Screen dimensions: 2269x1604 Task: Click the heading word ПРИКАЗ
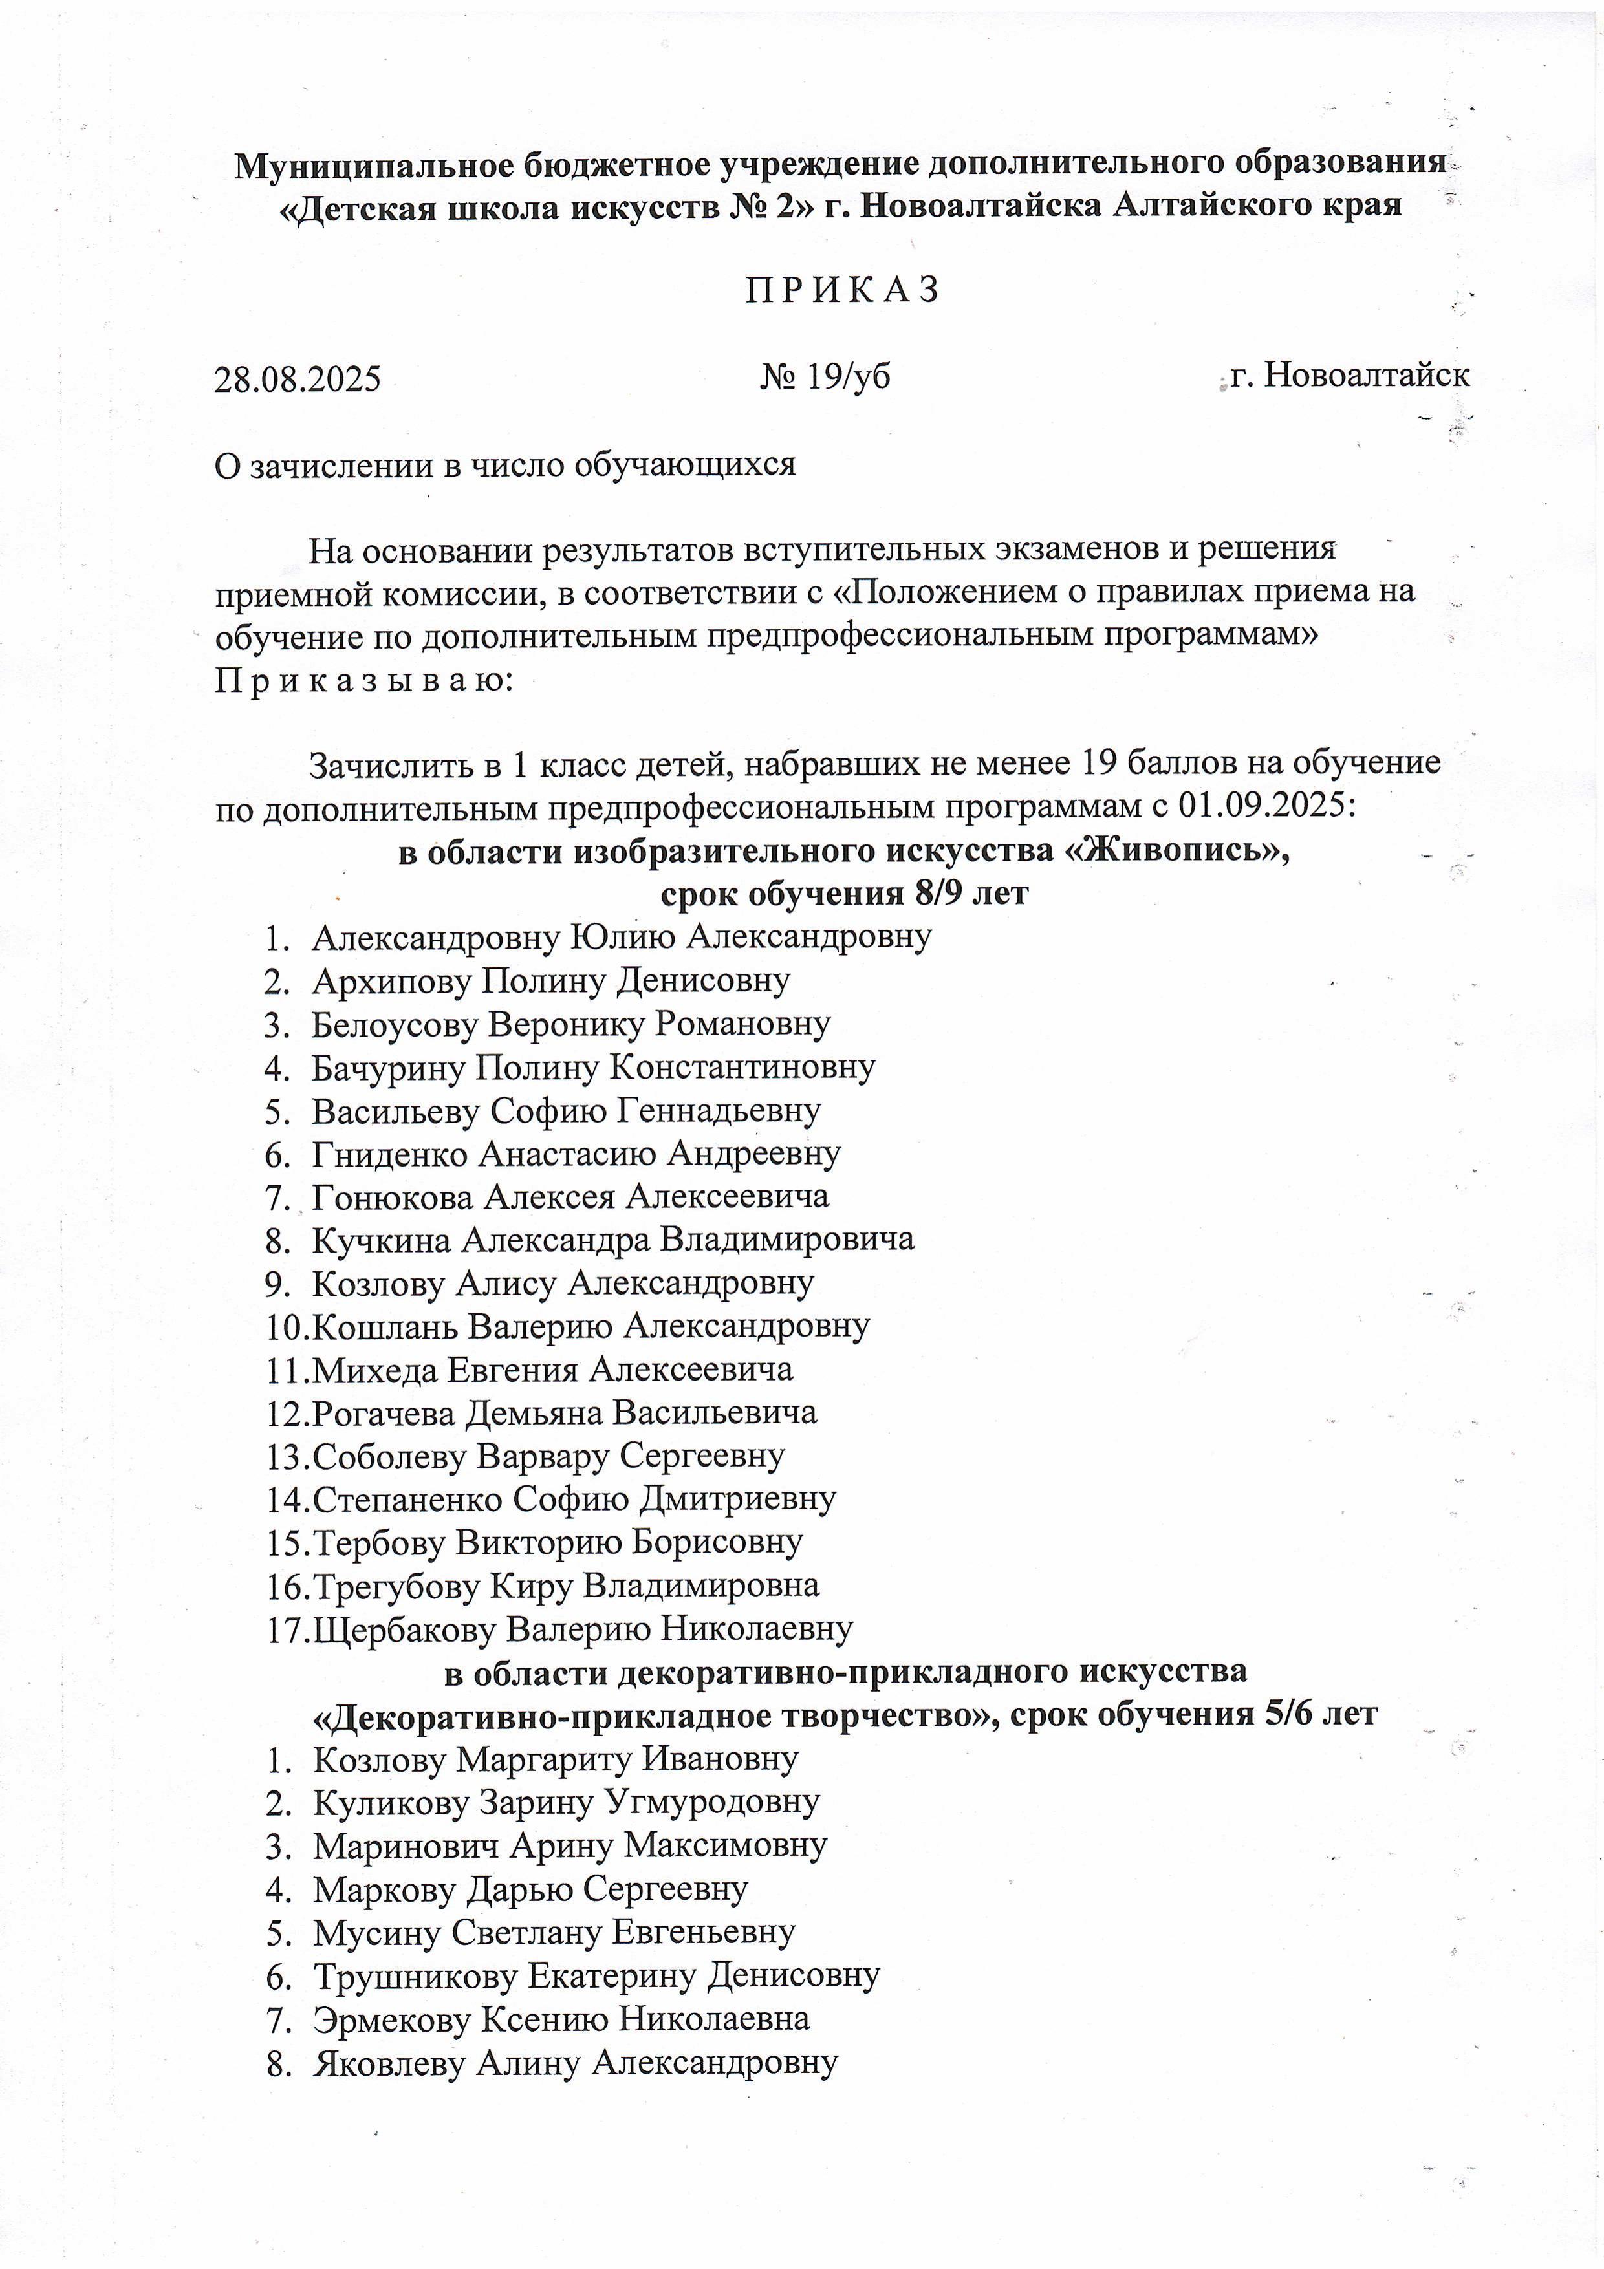(x=842, y=290)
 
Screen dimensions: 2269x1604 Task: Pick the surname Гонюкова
(x=393, y=1197)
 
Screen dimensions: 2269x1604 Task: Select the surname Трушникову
(x=415, y=1975)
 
